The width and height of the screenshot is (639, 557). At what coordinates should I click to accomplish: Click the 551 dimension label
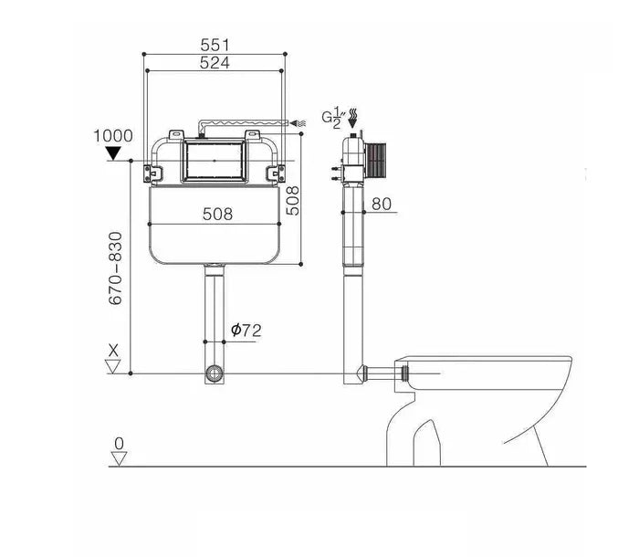click(215, 45)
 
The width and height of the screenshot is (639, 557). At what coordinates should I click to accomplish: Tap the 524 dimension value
click(215, 63)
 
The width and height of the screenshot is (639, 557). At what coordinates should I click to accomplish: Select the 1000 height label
click(113, 136)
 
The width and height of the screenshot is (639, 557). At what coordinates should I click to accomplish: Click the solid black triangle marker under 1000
click(113, 153)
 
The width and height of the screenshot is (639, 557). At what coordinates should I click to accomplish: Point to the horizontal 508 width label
click(217, 214)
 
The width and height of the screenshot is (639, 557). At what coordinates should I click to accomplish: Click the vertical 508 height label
click(293, 201)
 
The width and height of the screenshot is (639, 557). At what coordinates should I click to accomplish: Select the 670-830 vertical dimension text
click(115, 268)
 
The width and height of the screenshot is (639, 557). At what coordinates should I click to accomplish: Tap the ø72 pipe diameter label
click(246, 330)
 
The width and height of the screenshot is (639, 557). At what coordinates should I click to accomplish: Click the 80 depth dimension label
click(382, 204)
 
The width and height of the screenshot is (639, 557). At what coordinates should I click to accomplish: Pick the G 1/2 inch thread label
click(333, 118)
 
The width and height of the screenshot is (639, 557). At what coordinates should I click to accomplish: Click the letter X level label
click(113, 351)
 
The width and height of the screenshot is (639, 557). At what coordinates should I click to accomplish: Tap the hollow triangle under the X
click(113, 366)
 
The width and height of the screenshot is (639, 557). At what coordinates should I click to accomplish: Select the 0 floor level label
click(119, 443)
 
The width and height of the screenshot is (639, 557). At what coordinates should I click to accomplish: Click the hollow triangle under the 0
click(119, 459)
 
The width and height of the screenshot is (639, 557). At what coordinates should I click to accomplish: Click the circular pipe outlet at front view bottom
click(215, 373)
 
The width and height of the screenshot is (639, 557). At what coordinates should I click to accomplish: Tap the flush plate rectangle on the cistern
click(215, 161)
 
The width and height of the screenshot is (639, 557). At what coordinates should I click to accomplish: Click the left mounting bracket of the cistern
click(152, 173)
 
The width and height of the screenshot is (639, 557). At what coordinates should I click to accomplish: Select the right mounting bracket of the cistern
click(276, 173)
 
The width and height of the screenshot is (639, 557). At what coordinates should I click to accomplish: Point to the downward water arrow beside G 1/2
click(353, 119)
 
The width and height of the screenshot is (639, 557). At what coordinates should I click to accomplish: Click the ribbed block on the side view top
click(375, 162)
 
